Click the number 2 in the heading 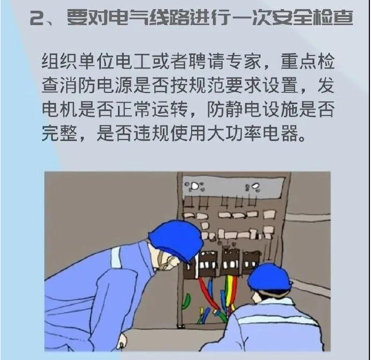click(x=37, y=18)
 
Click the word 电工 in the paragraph click(x=134, y=61)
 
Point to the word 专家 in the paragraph click(x=243, y=61)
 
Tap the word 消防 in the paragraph click(x=77, y=85)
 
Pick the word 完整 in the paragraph click(x=60, y=133)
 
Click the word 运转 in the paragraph click(x=170, y=109)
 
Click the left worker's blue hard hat click(x=176, y=239)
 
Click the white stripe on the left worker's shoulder click(x=116, y=257)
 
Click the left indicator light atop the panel click(x=194, y=186)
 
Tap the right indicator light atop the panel click(x=255, y=186)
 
